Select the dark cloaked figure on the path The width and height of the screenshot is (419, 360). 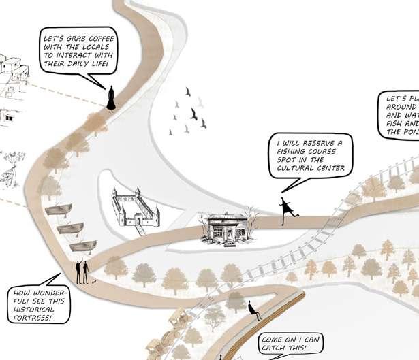[112, 98]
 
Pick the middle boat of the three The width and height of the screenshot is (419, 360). [71, 228]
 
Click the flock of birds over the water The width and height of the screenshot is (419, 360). [189, 110]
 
